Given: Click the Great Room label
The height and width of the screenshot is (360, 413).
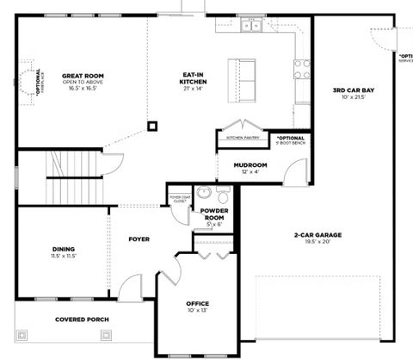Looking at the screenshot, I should click(x=83, y=76).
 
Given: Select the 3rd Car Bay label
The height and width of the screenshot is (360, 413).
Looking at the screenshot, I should click(x=353, y=90).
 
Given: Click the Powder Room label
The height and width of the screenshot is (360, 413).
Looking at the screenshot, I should click(x=214, y=214).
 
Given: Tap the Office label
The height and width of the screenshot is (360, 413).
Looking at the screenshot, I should click(x=198, y=303).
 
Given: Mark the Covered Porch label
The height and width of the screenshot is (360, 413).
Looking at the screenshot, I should click(x=82, y=320).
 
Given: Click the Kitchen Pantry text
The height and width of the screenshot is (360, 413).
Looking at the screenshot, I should click(x=243, y=138).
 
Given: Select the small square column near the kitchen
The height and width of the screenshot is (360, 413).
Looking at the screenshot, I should click(x=152, y=127).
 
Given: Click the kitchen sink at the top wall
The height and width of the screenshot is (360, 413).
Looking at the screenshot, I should click(x=251, y=25).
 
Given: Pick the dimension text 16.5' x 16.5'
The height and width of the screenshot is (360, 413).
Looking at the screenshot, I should click(x=83, y=88).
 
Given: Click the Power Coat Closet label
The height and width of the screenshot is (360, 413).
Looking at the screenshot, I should click(x=180, y=198).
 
